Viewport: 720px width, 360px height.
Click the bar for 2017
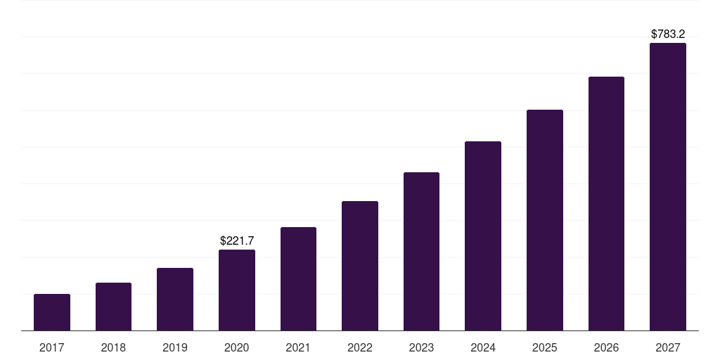coord(52,312)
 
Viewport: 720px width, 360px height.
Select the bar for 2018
coord(113,307)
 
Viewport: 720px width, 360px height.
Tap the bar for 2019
coord(175,299)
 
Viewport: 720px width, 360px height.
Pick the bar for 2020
coord(237,290)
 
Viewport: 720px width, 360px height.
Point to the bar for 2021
coord(298,278)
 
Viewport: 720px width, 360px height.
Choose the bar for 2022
coord(360,266)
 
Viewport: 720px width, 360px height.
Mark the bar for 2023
coord(421,251)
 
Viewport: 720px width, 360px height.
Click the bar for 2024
coord(483,236)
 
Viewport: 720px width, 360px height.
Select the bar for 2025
coord(545,220)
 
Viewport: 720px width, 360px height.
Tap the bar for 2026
coord(606,203)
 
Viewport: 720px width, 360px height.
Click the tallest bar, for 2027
coord(668,186)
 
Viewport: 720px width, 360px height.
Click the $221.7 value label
coord(237,240)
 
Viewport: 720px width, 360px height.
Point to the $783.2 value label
coord(668,34)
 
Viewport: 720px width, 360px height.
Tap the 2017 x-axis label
coord(52,347)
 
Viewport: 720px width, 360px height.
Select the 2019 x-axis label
coord(175,347)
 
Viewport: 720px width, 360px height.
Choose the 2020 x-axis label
coord(237,347)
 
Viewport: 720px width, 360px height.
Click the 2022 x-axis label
coord(360,347)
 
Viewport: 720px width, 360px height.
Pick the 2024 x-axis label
coord(483,347)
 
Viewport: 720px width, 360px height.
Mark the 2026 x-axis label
coord(606,347)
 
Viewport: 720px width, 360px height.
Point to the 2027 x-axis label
coord(668,347)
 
